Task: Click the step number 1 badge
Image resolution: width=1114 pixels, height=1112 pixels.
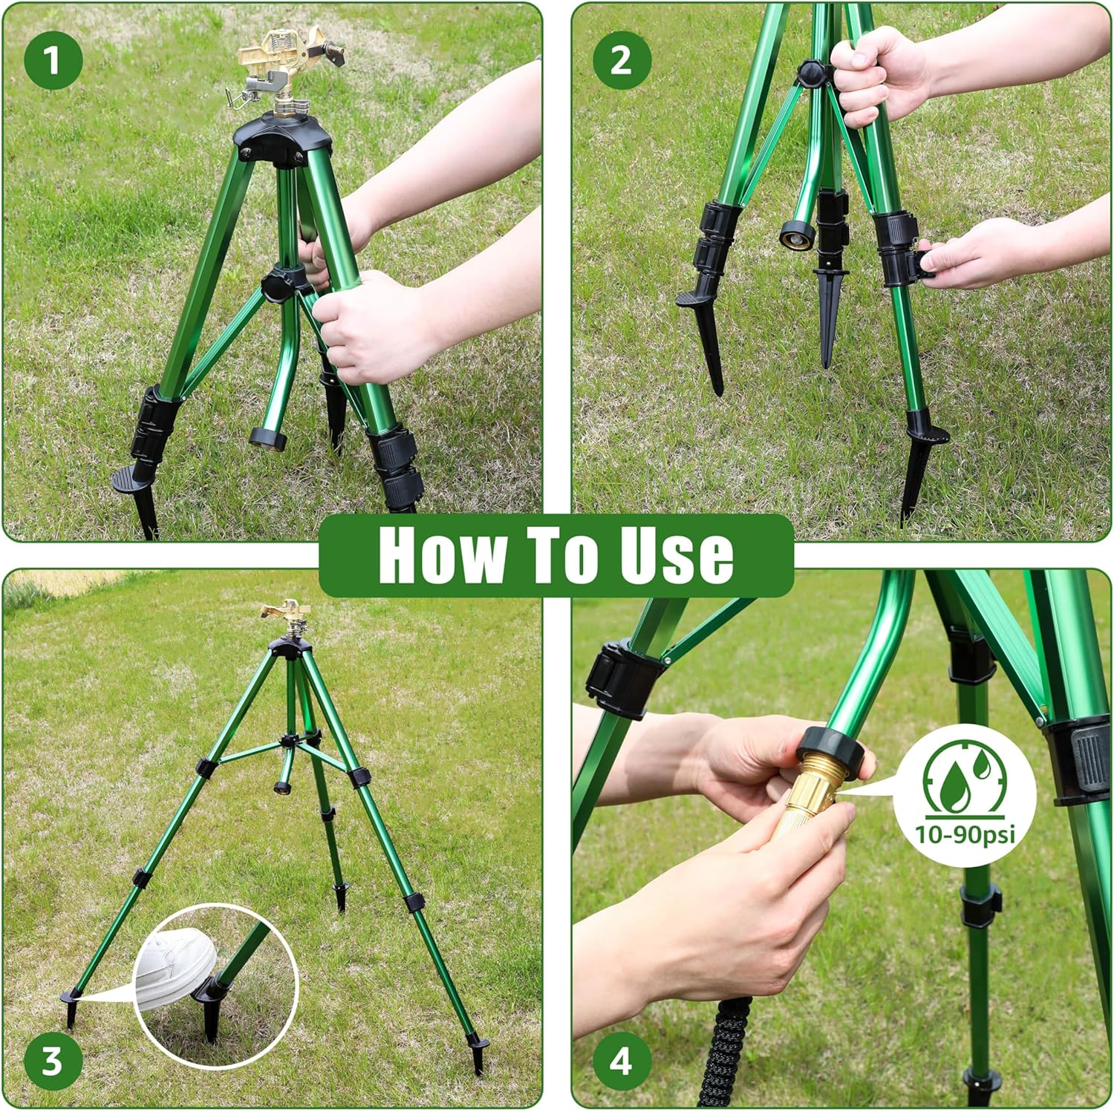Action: (x=52, y=60)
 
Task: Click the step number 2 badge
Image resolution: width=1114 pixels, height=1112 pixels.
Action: (x=621, y=60)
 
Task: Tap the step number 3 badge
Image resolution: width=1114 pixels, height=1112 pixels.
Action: (x=52, y=1061)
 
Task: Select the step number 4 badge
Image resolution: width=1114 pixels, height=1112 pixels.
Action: (x=621, y=1061)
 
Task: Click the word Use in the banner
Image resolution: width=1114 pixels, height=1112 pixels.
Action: (x=676, y=555)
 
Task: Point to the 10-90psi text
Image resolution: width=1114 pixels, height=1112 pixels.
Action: (x=965, y=834)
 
